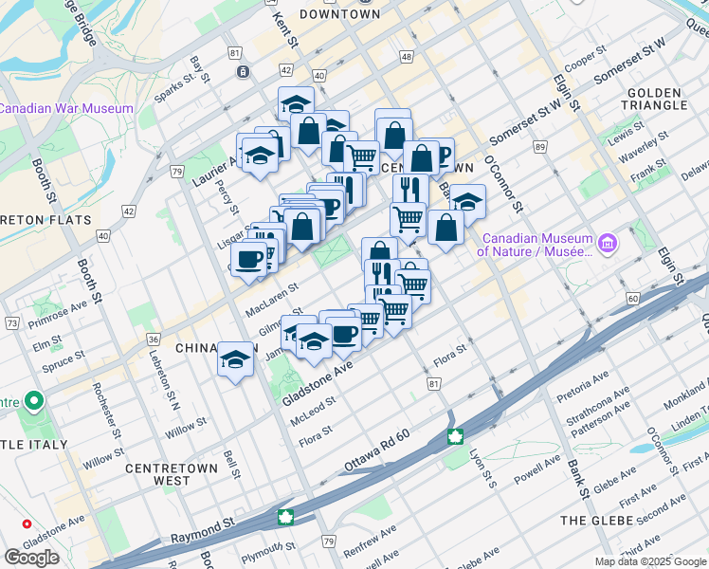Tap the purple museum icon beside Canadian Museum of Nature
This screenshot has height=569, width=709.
click(608, 245)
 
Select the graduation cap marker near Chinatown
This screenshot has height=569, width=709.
click(235, 360)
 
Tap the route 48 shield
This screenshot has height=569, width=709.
click(407, 58)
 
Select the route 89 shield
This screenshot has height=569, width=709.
click(539, 147)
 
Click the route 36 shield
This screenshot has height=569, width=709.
click(153, 339)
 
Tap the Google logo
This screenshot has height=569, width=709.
click(31, 557)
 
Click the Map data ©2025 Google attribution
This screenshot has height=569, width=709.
click(650, 561)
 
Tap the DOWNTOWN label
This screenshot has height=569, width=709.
click(339, 14)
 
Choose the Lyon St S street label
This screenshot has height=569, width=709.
click(483, 468)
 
